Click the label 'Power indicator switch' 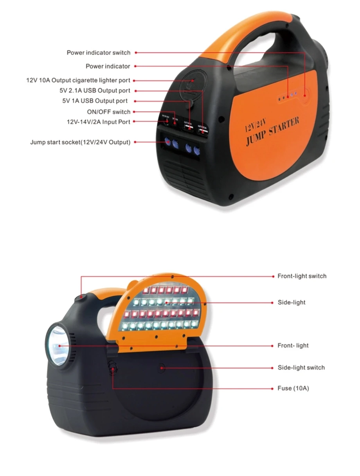[99, 53]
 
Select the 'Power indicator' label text [108, 67]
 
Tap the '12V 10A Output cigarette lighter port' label [78, 81]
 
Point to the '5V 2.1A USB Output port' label [92, 91]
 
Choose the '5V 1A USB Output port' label [95, 101]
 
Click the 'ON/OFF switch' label [108, 112]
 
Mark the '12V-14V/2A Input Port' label [99, 122]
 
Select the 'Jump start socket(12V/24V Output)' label [80, 142]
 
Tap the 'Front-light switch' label [302, 276]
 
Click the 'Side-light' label [291, 303]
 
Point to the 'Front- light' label [293, 346]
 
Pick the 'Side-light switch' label [301, 368]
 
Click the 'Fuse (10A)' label [293, 388]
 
